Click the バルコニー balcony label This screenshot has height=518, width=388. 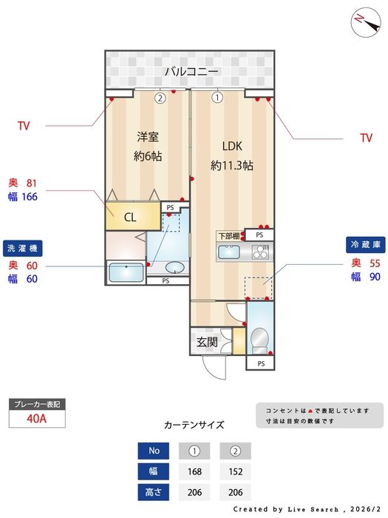point(191,72)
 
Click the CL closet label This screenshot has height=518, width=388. point(129,217)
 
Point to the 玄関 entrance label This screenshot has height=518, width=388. point(207,343)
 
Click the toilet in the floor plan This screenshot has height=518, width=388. point(259,340)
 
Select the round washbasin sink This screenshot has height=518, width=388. point(174,268)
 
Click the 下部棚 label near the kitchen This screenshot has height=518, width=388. point(228,236)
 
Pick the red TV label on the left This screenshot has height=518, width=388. point(24,126)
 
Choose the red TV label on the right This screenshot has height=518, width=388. point(366,138)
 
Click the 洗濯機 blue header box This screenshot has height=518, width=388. point(24,248)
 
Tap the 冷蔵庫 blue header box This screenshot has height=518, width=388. point(365,244)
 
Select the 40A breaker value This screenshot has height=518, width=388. point(36,418)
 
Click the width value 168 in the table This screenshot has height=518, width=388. point(195,471)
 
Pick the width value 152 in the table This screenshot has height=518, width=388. point(235,471)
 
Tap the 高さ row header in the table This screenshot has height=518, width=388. point(154,491)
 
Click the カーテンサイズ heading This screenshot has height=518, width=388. point(194,425)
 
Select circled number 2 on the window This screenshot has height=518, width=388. point(159,97)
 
